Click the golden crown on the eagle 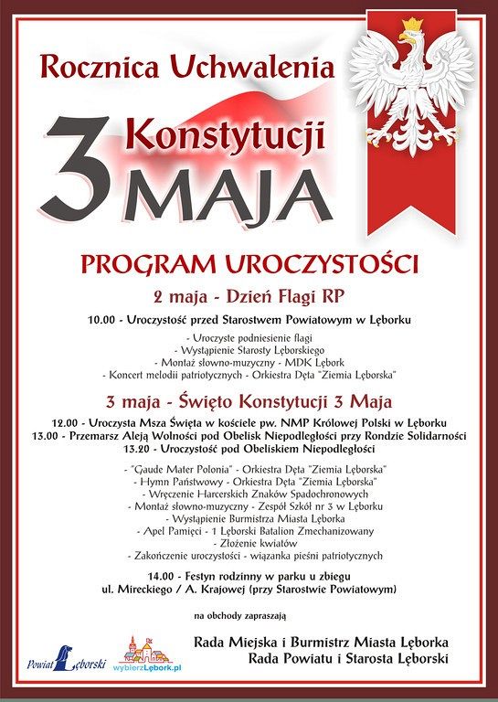click(x=412, y=26)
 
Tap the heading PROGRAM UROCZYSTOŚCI click(x=249, y=265)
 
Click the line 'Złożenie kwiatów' click(x=249, y=540)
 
